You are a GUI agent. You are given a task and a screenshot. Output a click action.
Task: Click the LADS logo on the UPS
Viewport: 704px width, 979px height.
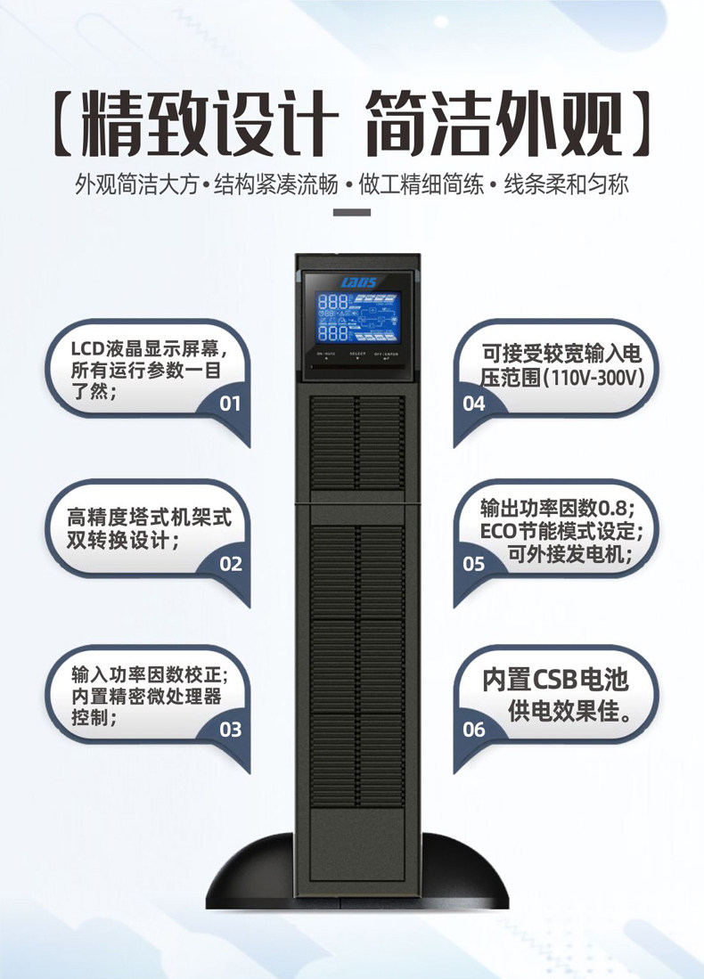[x=358, y=282]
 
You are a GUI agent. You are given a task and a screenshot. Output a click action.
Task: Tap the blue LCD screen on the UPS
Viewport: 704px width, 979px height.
[x=358, y=318]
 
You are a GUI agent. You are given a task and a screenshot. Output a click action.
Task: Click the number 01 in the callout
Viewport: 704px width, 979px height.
[x=230, y=404]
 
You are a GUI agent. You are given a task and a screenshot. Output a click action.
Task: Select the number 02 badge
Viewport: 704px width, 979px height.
[x=230, y=565]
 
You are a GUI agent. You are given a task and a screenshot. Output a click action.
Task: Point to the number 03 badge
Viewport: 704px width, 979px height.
[x=230, y=730]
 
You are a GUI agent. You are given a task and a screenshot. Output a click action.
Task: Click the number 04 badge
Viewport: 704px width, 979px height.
[x=474, y=404]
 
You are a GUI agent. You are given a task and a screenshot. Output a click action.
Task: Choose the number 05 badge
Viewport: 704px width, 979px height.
[x=474, y=565]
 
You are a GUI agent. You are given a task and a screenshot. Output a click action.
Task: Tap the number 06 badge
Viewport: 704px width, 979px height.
[x=474, y=730]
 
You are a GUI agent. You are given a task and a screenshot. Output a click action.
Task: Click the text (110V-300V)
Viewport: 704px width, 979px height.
[x=593, y=378]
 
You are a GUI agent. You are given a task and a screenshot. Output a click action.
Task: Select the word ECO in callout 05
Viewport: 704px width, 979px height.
[x=498, y=531]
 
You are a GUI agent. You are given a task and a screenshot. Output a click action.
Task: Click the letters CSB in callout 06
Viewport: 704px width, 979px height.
[x=554, y=680]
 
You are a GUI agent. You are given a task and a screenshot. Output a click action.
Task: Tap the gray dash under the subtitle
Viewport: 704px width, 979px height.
[x=352, y=212]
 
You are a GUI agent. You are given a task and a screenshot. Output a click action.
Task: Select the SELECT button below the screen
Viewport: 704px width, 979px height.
[x=358, y=356]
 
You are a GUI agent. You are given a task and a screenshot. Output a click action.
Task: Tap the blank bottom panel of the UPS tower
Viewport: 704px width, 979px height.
[x=357, y=843]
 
